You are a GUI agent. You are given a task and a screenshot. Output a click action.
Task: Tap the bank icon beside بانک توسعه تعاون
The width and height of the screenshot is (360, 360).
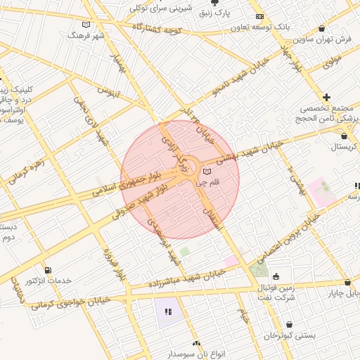pyautogui.click(x=260, y=16)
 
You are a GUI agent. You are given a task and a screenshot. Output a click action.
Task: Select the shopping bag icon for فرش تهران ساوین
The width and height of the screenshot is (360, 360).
pyautogui.click(x=322, y=29)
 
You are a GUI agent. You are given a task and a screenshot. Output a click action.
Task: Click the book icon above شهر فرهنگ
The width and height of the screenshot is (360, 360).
pyautogui.click(x=86, y=25)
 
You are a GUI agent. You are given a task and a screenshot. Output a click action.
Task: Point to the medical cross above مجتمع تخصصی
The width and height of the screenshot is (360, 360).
pyautogui.click(x=326, y=96)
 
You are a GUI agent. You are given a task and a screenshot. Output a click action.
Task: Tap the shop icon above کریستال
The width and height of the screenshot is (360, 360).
pyautogui.click(x=344, y=135)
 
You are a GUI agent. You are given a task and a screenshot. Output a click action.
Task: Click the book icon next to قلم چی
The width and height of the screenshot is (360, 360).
pyautogui.click(x=206, y=171)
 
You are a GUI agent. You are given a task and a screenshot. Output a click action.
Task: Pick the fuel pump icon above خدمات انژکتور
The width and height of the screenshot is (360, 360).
pyautogui.click(x=47, y=270)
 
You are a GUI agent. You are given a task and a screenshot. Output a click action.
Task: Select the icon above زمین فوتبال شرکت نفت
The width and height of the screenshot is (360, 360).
pyautogui.click(x=275, y=276)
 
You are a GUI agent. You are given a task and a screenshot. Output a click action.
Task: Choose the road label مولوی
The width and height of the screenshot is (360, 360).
pyautogui.click(x=332, y=62)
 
